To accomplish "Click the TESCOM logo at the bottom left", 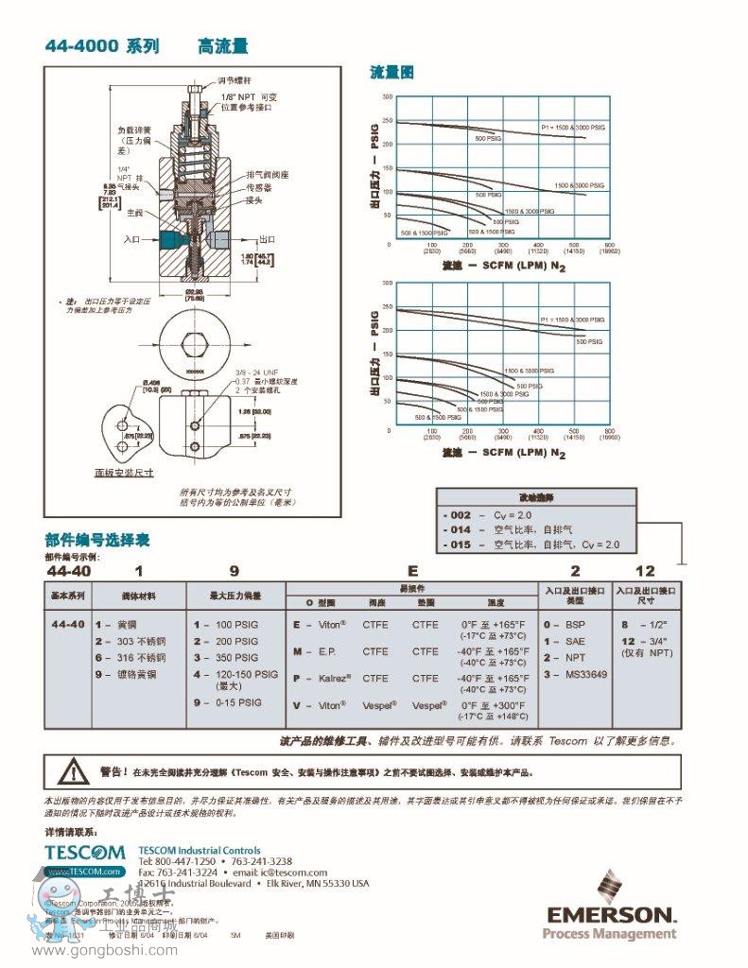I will coord(84,853).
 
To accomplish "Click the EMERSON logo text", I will coord(610,915).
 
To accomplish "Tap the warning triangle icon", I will coord(71,771).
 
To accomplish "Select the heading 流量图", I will coord(391,73).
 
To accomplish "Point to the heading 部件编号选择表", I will coord(97,541).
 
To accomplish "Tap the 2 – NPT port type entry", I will coord(565,657).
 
